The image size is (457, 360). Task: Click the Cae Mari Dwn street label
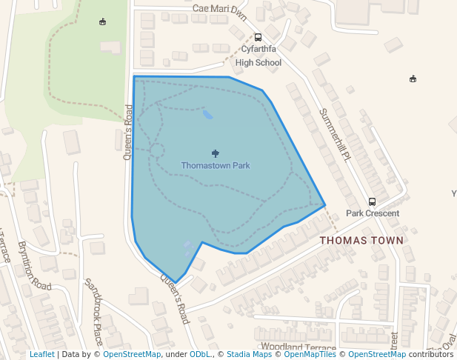point(219,9)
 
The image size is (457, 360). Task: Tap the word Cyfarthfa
point(258,50)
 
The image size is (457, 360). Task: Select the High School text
point(258,63)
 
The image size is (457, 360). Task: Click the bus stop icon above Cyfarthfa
point(258,37)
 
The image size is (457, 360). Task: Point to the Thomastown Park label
point(216,166)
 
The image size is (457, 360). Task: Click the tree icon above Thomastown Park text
point(216,153)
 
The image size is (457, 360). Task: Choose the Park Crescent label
point(373,213)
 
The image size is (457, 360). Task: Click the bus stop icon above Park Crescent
point(372,201)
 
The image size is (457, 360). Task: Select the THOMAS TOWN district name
point(361,241)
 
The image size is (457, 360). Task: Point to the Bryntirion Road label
point(35,264)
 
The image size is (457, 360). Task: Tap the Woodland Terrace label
point(298,347)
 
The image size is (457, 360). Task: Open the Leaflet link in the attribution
point(41,355)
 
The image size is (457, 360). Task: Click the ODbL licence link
point(199,355)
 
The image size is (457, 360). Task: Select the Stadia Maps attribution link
point(249,355)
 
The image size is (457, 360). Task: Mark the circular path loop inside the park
point(156,150)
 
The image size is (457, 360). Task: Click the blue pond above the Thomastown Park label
point(207,114)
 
